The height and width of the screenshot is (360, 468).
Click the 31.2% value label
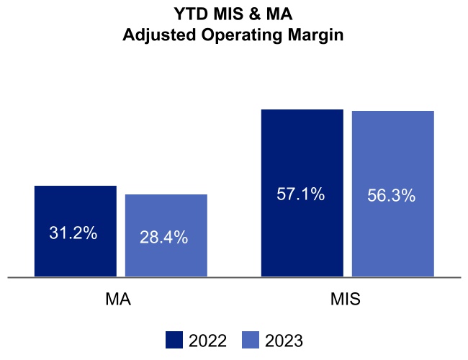[73, 233]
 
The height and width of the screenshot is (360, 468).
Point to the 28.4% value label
[164, 238]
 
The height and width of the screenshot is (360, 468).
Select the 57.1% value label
[301, 194]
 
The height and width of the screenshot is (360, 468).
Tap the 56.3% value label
[392, 195]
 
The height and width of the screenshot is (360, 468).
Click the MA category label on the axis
[118, 299]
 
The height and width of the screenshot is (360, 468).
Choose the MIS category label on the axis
[346, 299]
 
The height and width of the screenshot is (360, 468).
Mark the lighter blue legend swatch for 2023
[251, 340]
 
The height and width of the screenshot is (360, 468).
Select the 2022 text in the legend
[207, 341]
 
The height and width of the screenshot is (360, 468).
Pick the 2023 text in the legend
[284, 341]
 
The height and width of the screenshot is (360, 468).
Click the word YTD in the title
[190, 14]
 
